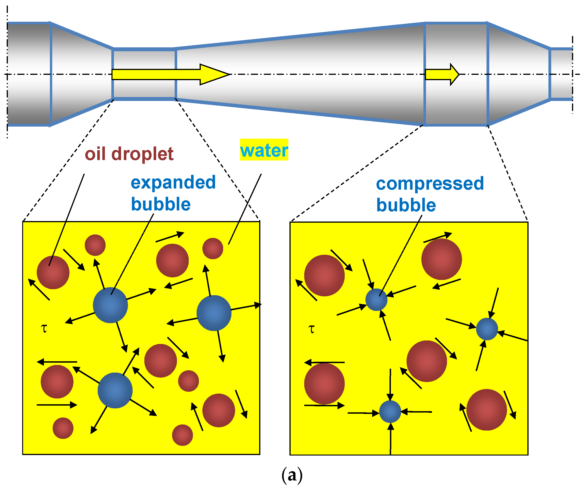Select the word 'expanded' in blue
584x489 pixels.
[x=173, y=182]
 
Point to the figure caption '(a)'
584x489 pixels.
[x=292, y=475]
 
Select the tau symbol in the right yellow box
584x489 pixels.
[x=311, y=329]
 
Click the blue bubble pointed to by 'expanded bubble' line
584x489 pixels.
[x=110, y=305]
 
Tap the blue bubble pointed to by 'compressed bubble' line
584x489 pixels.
[x=376, y=299]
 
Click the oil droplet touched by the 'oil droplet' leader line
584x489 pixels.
[x=53, y=272]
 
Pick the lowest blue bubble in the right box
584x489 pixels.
[x=390, y=411]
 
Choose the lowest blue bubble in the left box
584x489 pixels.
[x=115, y=390]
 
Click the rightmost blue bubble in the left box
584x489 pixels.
[x=214, y=313]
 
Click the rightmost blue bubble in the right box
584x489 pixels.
[x=487, y=329]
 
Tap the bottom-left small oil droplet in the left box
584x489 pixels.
[x=63, y=428]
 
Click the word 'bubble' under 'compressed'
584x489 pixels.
[x=406, y=205]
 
